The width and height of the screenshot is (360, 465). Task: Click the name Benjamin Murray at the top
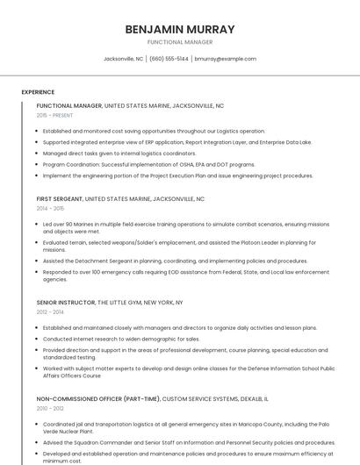(180, 29)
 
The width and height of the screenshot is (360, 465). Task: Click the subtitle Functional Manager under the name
(180, 42)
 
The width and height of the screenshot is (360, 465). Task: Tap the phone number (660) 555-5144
(169, 59)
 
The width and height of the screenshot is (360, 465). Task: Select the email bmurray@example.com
(226, 59)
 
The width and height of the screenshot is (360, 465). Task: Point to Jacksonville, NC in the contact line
(123, 59)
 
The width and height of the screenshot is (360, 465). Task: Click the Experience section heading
(38, 92)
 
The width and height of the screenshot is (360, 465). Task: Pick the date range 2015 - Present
(54, 115)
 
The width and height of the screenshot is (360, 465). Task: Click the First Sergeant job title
(59, 199)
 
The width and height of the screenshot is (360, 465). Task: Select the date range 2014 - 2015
(51, 209)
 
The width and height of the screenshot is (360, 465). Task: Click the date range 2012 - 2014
(51, 311)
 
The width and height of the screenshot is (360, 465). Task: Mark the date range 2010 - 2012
(51, 408)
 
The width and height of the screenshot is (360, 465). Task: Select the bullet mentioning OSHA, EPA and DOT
(149, 164)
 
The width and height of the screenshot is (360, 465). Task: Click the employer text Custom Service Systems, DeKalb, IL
(215, 398)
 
